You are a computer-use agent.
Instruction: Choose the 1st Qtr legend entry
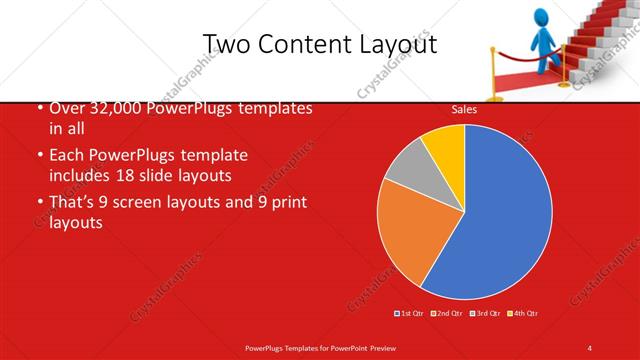tap(411, 314)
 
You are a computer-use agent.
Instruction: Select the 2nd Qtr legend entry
tap(446, 314)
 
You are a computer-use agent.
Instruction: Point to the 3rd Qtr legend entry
tap(484, 314)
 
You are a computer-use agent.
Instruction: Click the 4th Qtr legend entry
tap(524, 314)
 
